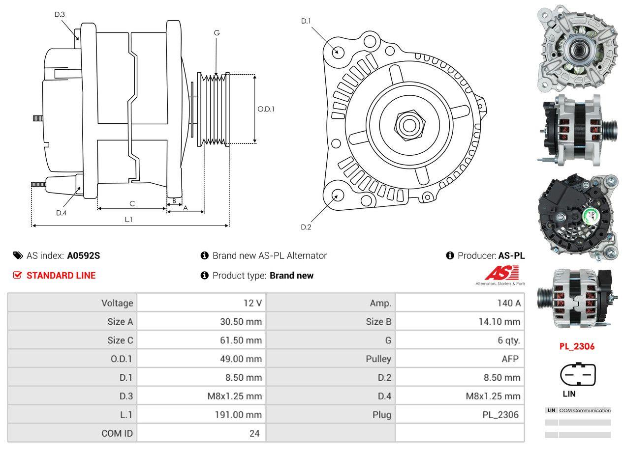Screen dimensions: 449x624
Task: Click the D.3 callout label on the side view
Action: click(60, 14)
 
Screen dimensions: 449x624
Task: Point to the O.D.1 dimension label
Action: click(266, 109)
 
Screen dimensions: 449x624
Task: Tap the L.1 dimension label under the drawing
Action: click(128, 220)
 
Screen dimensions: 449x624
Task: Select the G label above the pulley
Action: click(217, 33)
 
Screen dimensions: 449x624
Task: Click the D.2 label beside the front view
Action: click(306, 227)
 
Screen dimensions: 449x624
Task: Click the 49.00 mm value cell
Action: click(241, 359)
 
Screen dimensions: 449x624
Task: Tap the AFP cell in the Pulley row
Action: click(510, 359)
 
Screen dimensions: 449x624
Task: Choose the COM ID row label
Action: click(117, 433)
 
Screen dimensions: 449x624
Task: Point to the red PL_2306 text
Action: click(577, 346)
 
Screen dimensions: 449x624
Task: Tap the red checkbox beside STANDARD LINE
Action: click(18, 275)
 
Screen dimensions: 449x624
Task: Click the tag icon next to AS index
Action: click(18, 255)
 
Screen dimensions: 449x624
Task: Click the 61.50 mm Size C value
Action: click(241, 340)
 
